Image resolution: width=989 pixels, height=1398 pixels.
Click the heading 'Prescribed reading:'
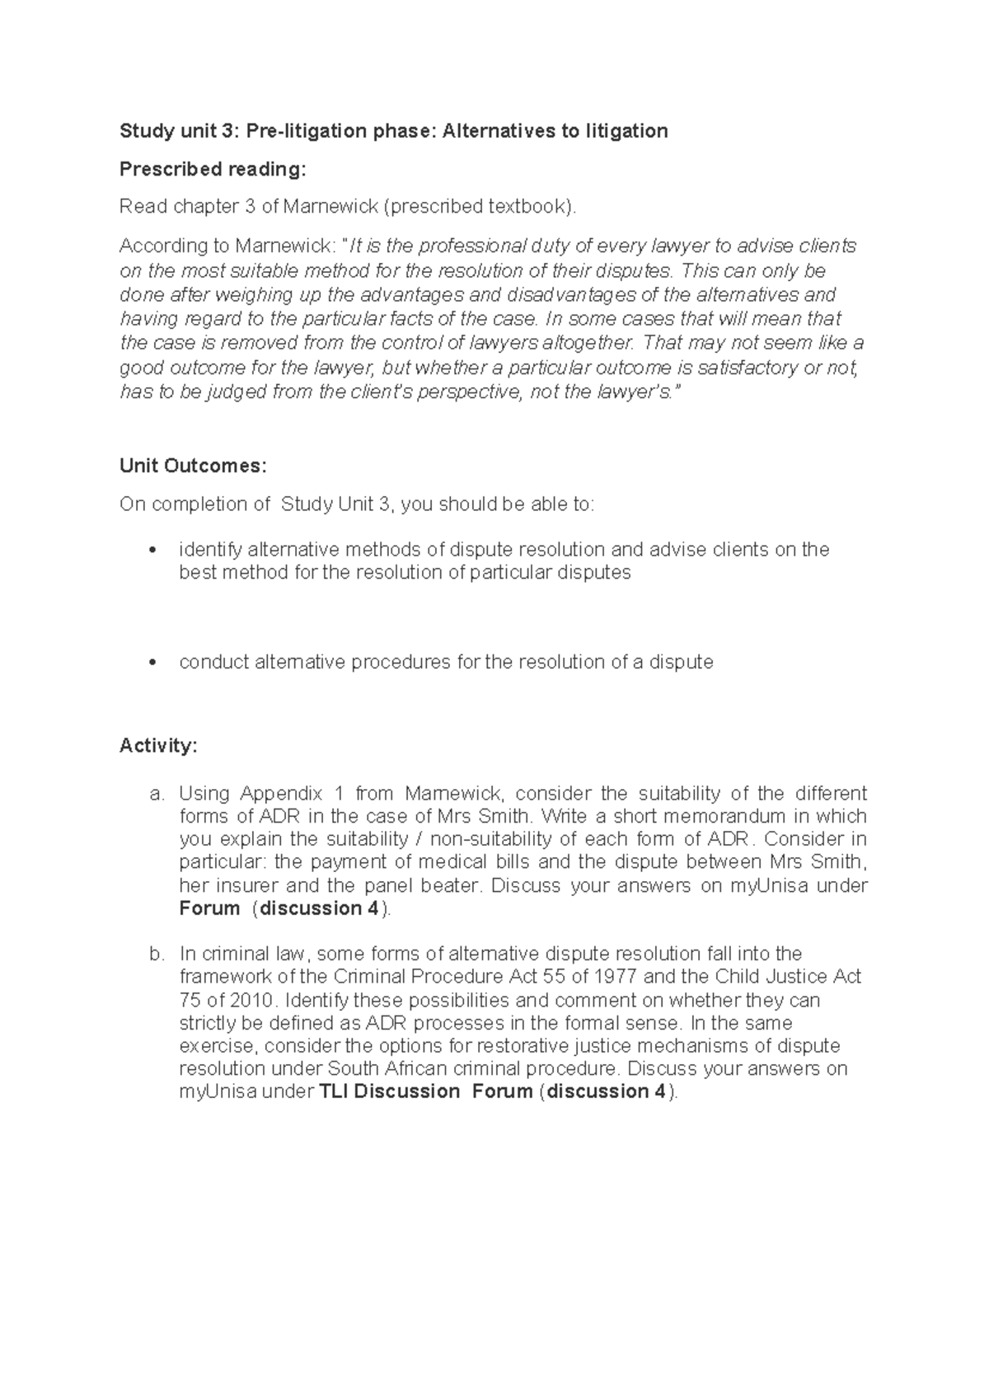pos(212,169)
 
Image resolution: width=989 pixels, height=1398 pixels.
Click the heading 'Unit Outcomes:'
pos(193,466)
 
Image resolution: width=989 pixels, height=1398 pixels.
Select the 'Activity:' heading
pos(158,746)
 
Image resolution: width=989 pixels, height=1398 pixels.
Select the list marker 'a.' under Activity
pos(157,794)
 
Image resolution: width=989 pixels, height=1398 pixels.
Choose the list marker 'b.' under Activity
pos(157,954)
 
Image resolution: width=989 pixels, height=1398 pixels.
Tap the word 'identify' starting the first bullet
pos(209,550)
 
